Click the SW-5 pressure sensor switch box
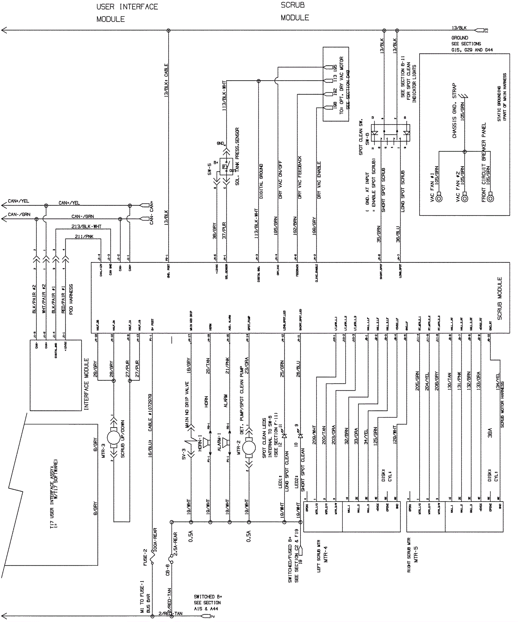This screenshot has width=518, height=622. pyautogui.click(x=226, y=167)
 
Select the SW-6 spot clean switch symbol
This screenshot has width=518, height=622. pyautogui.click(x=390, y=133)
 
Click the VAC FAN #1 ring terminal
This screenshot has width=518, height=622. pyautogui.click(x=439, y=197)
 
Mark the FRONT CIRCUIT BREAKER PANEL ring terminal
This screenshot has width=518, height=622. pyautogui.click(x=490, y=197)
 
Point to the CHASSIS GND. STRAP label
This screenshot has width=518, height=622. pyautogui.click(x=455, y=111)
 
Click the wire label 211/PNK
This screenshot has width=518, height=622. pyautogui.click(x=84, y=236)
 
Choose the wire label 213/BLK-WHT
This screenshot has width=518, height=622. pyautogui.click(x=86, y=226)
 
